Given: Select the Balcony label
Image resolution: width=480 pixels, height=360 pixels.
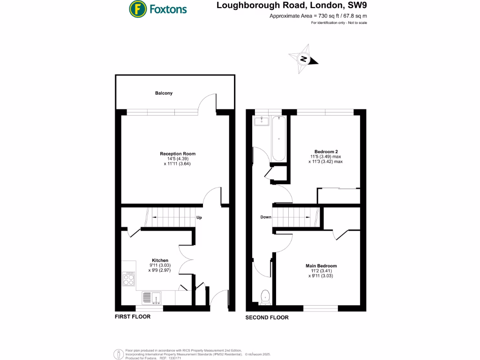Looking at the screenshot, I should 164,93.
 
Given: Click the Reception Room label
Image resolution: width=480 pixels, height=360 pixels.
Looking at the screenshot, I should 178,154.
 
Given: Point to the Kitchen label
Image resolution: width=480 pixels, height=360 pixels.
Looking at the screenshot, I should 160,261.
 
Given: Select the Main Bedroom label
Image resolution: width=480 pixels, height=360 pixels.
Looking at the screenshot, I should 321,266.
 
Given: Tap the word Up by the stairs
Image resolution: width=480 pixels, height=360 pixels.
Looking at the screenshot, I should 199,217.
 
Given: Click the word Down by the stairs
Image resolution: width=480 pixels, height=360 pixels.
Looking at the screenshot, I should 266,217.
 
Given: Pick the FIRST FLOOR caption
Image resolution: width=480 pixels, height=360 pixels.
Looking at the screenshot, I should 133,317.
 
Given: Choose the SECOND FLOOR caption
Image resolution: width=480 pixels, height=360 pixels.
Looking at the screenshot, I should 267,317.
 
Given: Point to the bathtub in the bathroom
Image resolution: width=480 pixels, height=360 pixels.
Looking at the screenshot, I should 278,139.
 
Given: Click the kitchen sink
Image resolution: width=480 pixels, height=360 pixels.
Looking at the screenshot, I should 151,297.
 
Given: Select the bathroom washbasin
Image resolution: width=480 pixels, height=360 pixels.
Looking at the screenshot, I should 261,122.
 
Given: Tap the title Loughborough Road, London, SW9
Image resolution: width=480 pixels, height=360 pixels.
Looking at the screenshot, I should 291,6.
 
